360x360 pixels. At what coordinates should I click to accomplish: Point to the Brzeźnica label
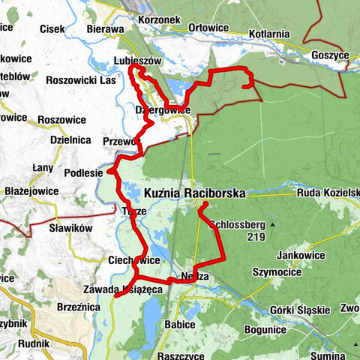(x=76, y=307)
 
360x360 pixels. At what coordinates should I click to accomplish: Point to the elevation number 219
(x=253, y=236)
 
